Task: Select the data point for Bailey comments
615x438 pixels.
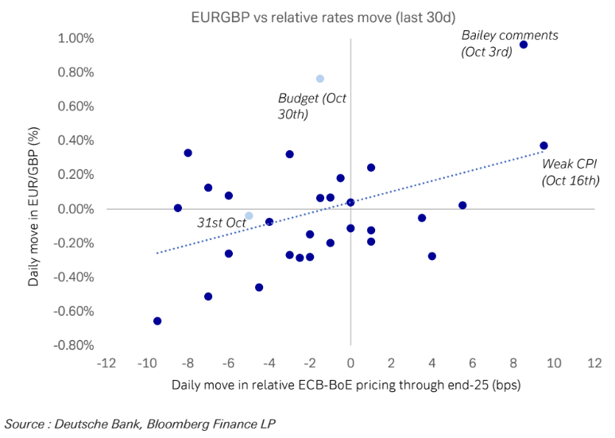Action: click(x=524, y=45)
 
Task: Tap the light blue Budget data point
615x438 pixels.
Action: click(x=320, y=79)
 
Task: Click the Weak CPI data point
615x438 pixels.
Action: click(x=543, y=145)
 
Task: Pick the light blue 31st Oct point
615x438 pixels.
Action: click(x=249, y=215)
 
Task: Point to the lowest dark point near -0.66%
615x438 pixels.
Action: click(x=157, y=321)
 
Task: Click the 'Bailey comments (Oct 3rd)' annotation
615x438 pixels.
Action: click(x=509, y=43)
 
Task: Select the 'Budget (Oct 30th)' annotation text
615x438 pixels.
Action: click(x=312, y=106)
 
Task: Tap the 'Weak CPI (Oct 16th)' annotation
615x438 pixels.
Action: click(x=570, y=172)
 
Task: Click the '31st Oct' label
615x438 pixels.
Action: click(x=222, y=223)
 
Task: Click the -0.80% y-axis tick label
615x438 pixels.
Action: click(x=73, y=346)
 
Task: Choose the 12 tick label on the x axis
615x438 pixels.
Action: click(x=594, y=363)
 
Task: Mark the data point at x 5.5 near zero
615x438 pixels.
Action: click(x=462, y=205)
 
